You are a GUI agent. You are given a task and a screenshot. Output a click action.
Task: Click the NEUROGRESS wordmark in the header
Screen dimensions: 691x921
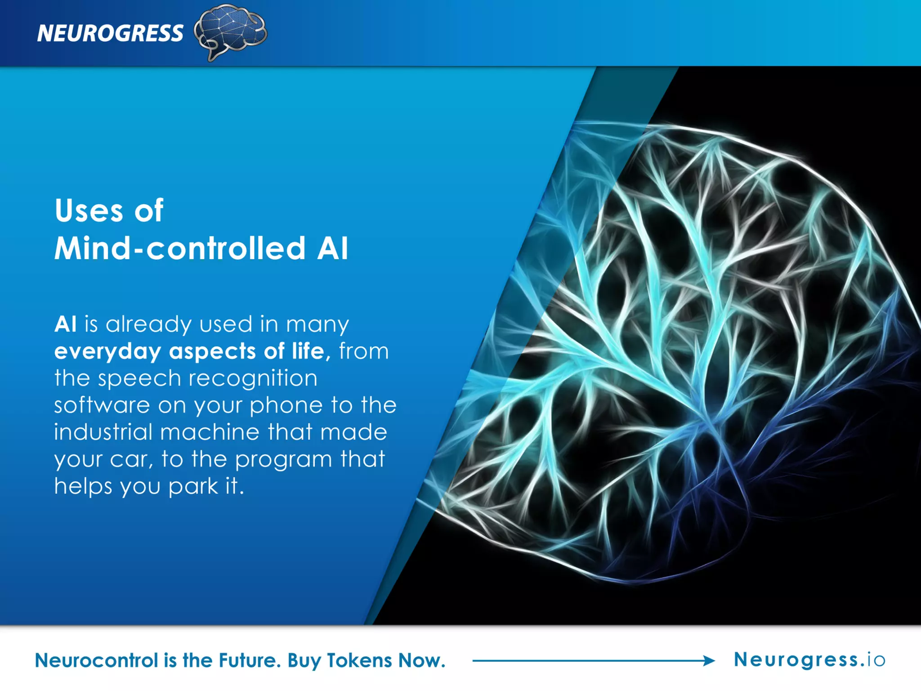[110, 33]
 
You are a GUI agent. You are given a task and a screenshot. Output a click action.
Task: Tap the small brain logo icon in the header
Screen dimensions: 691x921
[230, 31]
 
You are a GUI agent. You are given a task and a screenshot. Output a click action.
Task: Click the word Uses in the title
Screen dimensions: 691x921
[89, 211]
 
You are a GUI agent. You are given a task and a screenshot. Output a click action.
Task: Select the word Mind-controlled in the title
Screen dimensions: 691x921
[180, 248]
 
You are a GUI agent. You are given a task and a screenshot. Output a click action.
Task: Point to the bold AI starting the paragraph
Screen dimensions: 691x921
[65, 324]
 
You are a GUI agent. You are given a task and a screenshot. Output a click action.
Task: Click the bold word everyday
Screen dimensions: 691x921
[107, 351]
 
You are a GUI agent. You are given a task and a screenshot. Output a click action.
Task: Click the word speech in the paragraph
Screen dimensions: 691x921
[139, 378]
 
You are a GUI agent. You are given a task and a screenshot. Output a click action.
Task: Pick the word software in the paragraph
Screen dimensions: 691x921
[102, 405]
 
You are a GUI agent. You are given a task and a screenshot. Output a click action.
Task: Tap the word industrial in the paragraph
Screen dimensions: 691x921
[103, 432]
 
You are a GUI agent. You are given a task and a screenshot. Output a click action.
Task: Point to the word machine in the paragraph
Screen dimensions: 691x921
[210, 432]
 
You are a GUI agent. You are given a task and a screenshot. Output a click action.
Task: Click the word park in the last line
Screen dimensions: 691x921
[193, 487]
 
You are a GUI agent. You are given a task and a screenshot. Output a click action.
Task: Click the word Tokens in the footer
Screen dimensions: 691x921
[359, 660]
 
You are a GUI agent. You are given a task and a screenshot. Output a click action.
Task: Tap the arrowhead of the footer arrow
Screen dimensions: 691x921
[710, 660]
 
